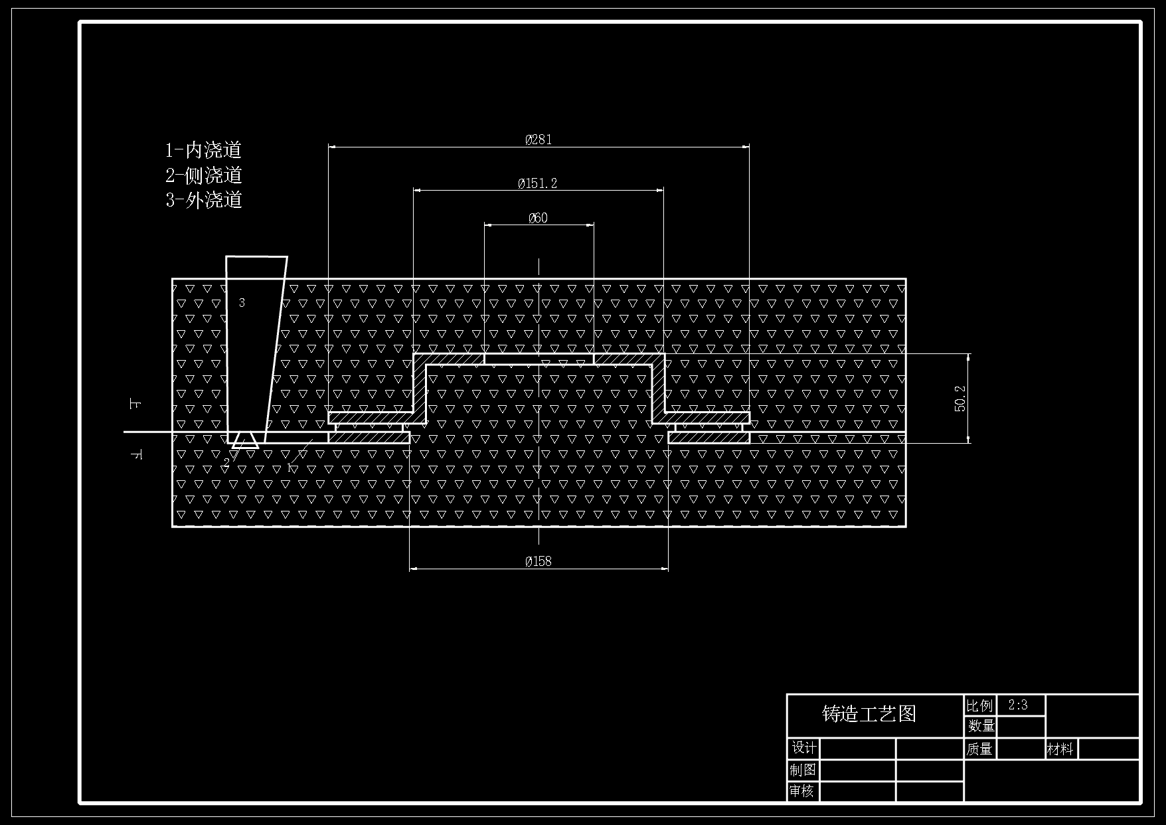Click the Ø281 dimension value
[539, 139]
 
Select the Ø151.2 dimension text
[538, 183]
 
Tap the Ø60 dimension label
[538, 218]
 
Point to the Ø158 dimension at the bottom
[539, 561]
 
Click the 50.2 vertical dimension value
[961, 399]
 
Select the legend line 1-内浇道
[203, 150]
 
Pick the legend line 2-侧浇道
[204, 175]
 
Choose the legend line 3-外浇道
[204, 200]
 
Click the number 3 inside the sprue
[242, 303]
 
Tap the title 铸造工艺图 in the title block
[869, 714]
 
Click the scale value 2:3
[1018, 705]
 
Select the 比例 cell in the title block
[980, 705]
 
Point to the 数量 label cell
[981, 726]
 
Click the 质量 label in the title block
[979, 749]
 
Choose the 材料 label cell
[1060, 749]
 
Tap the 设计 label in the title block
[804, 748]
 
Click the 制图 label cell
[803, 770]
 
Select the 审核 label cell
[802, 791]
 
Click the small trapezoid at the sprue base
[245, 441]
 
